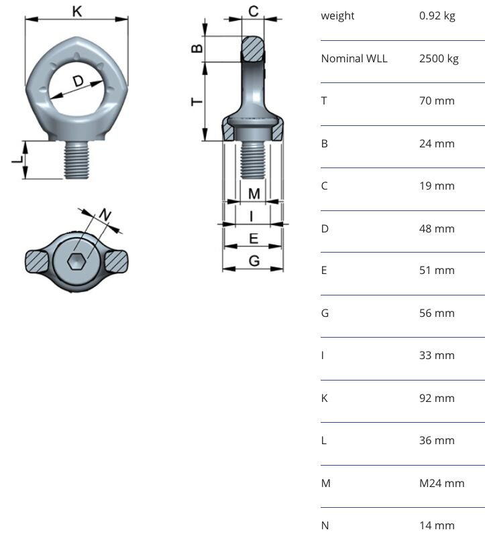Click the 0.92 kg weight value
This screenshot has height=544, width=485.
(x=437, y=15)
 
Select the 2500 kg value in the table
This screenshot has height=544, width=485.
(x=439, y=58)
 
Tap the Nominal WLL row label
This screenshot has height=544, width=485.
(x=354, y=58)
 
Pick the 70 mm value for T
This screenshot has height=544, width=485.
(x=437, y=100)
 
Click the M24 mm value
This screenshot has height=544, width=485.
(x=441, y=483)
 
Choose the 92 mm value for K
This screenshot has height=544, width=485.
(x=437, y=398)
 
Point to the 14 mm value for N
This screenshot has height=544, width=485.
(x=437, y=525)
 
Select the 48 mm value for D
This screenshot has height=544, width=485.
(x=437, y=228)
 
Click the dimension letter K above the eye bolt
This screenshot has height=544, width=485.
(x=77, y=11)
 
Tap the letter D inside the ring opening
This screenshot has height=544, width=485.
(x=78, y=81)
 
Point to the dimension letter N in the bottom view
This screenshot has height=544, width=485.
(x=105, y=215)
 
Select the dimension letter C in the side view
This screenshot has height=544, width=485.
(x=254, y=11)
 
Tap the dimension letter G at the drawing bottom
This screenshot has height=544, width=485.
(x=254, y=261)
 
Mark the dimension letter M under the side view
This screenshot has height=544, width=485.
(x=254, y=194)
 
